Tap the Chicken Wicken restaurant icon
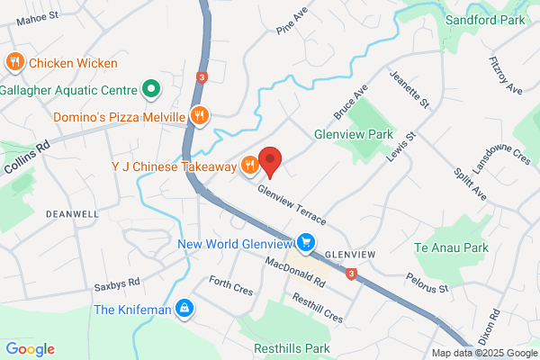pyautogui.click(x=14, y=63)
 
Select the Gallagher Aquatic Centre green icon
pyautogui.click(x=151, y=90)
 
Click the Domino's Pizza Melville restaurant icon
pyautogui.click(x=201, y=116)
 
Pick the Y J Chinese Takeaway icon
pyautogui.click(x=248, y=166)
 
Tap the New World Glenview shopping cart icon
pyautogui.click(x=307, y=242)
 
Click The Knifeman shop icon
pyautogui.click(x=184, y=310)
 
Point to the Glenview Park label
pyautogui.click(x=355, y=133)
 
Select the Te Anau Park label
pyautogui.click(x=451, y=247)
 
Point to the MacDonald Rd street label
pyautogui.click(x=295, y=274)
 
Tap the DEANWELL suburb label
pyautogui.click(x=72, y=214)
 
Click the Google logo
pyautogui.click(x=30, y=349)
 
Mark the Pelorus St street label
pyautogui.click(x=427, y=283)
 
